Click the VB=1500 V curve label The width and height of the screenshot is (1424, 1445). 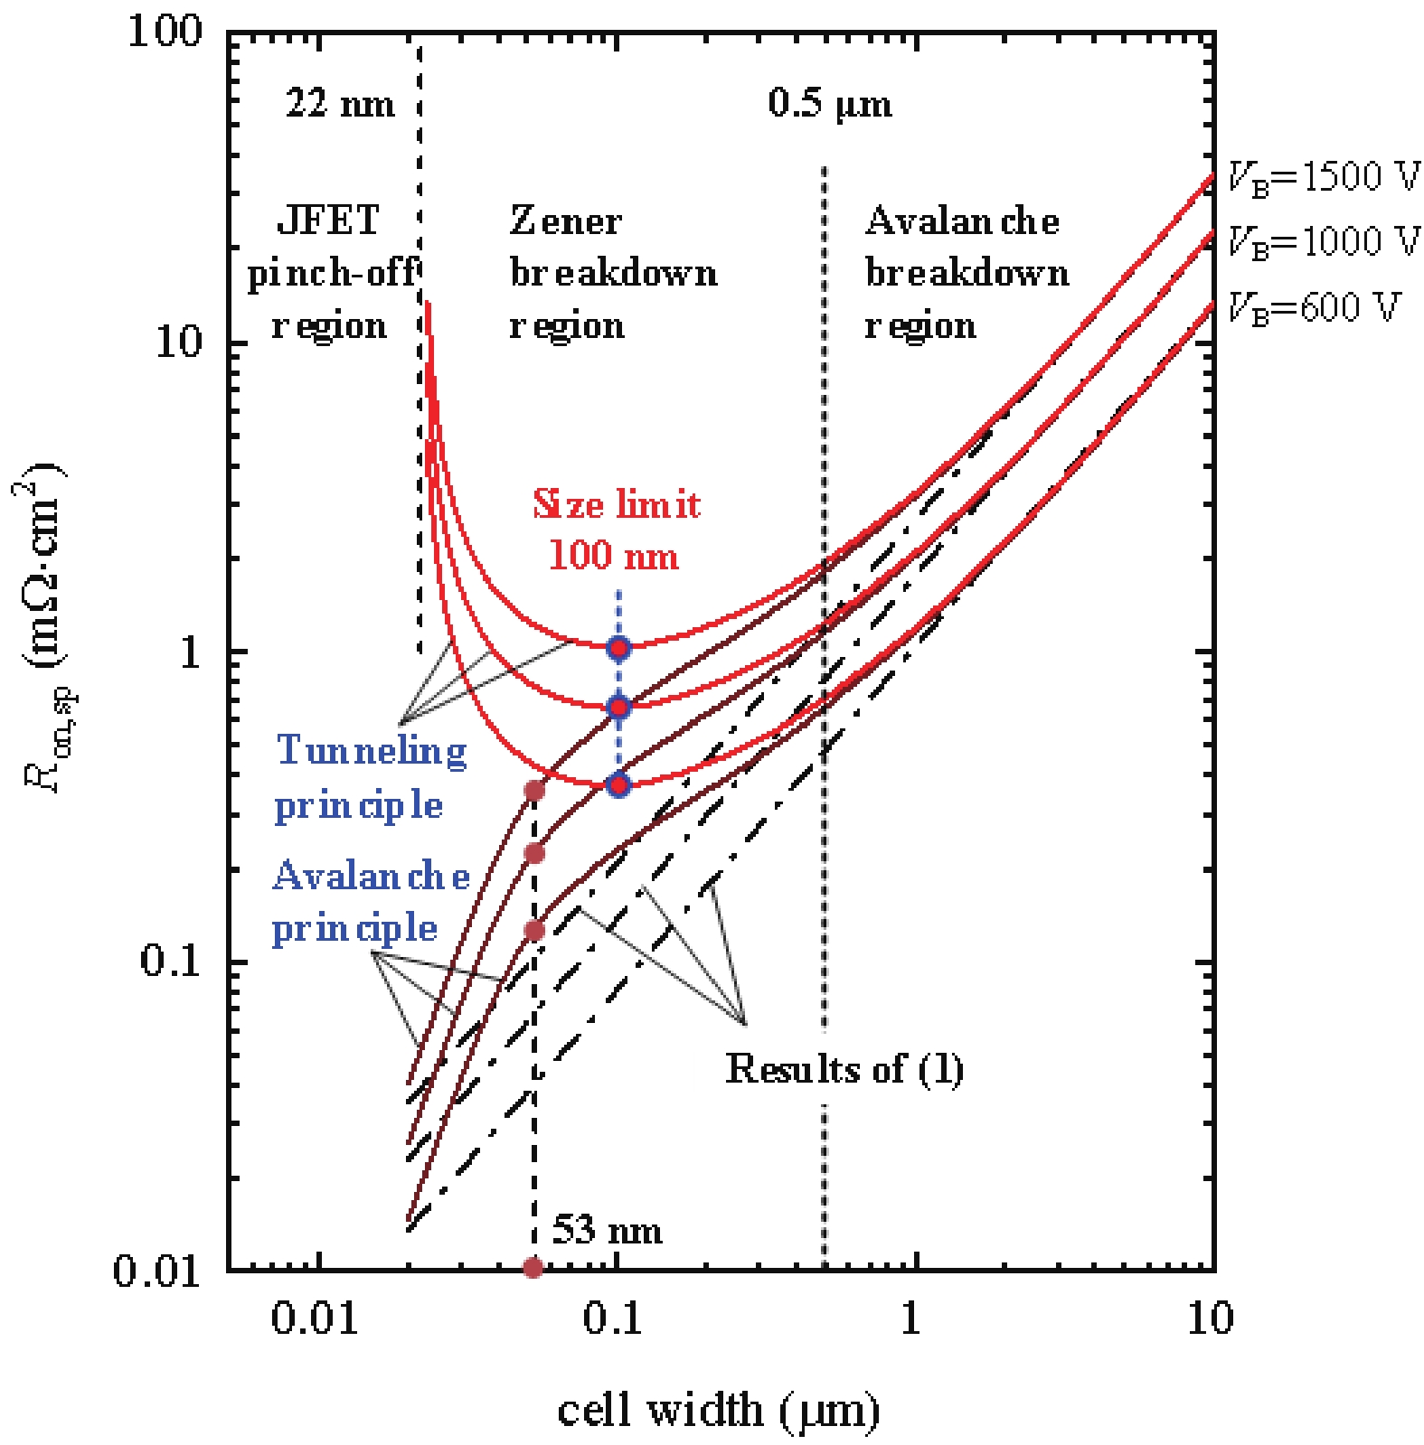[1323, 177]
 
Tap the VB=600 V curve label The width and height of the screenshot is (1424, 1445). [1313, 308]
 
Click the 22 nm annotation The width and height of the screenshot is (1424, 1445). [340, 103]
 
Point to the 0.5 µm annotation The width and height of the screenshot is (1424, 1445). [829, 103]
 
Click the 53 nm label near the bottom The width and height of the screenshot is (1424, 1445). [607, 1230]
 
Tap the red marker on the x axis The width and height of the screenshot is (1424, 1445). [533, 1268]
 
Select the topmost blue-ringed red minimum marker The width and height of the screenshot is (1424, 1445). [618, 648]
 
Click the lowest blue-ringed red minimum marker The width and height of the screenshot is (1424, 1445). [618, 785]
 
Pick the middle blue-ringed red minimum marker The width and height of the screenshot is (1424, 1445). [618, 708]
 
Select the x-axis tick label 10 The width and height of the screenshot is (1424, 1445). [1210, 1318]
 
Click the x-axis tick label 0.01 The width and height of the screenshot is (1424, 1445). [315, 1318]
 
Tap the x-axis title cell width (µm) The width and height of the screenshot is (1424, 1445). [718, 1410]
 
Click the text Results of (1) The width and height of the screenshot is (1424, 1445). [844, 1069]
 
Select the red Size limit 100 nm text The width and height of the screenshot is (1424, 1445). [616, 530]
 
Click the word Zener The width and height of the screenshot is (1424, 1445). [565, 221]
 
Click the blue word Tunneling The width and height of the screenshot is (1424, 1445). [371, 750]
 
